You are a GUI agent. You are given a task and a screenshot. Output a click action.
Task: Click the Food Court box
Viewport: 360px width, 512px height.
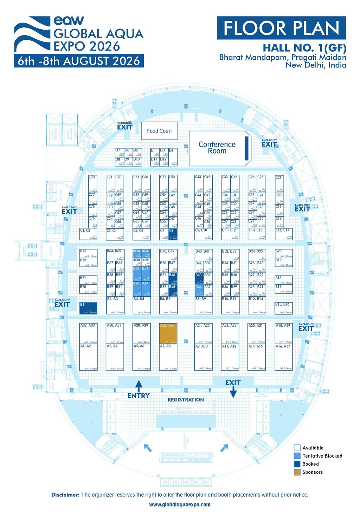pos(159,131)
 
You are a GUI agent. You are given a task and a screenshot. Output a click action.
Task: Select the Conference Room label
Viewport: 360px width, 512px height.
pos(217,148)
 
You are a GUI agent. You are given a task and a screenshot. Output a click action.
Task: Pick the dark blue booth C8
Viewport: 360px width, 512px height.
pos(173,234)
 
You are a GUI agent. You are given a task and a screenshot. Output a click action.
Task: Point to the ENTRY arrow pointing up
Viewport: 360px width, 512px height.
pos(139,386)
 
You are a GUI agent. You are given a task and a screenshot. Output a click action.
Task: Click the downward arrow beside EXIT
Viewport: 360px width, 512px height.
pos(233,393)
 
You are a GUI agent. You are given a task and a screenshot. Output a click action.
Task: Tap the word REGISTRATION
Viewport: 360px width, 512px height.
pos(186,400)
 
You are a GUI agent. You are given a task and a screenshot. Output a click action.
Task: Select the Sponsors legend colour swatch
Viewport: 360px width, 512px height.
pos(297,472)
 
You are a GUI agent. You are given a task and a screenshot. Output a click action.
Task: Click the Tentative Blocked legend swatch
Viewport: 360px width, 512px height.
pos(297,456)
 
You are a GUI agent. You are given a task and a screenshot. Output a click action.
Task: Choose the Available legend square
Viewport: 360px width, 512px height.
pos(297,448)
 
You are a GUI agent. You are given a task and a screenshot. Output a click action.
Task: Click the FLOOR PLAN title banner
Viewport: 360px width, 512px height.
pos(281,28)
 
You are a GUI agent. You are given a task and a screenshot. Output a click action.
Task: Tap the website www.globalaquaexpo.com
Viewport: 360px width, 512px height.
pos(180,505)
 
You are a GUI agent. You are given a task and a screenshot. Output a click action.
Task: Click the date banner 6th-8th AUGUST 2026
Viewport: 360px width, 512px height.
pos(79,61)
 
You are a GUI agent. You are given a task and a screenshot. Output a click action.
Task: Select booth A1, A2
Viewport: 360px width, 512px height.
pos(88,357)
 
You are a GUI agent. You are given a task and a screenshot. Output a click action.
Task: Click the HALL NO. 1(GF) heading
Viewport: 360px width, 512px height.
pos(304,48)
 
